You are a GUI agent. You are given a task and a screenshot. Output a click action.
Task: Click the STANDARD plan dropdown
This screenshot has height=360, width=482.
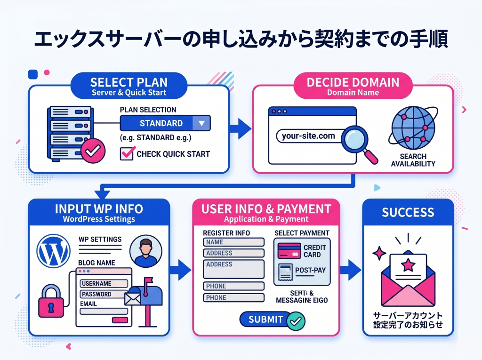coord(165,123)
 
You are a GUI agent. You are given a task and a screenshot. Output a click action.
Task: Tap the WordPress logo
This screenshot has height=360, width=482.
coord(53,251)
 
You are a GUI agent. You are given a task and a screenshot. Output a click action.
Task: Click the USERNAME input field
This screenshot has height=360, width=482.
coord(104,284)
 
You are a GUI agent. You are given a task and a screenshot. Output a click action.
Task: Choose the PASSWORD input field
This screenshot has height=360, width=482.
coord(104,294)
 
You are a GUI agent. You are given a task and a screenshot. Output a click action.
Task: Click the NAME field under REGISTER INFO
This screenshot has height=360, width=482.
coord(233,242)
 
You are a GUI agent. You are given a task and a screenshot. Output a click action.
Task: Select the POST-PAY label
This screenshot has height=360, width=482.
coord(310,271)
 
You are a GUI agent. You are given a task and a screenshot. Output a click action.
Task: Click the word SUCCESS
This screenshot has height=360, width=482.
coord(408,212)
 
